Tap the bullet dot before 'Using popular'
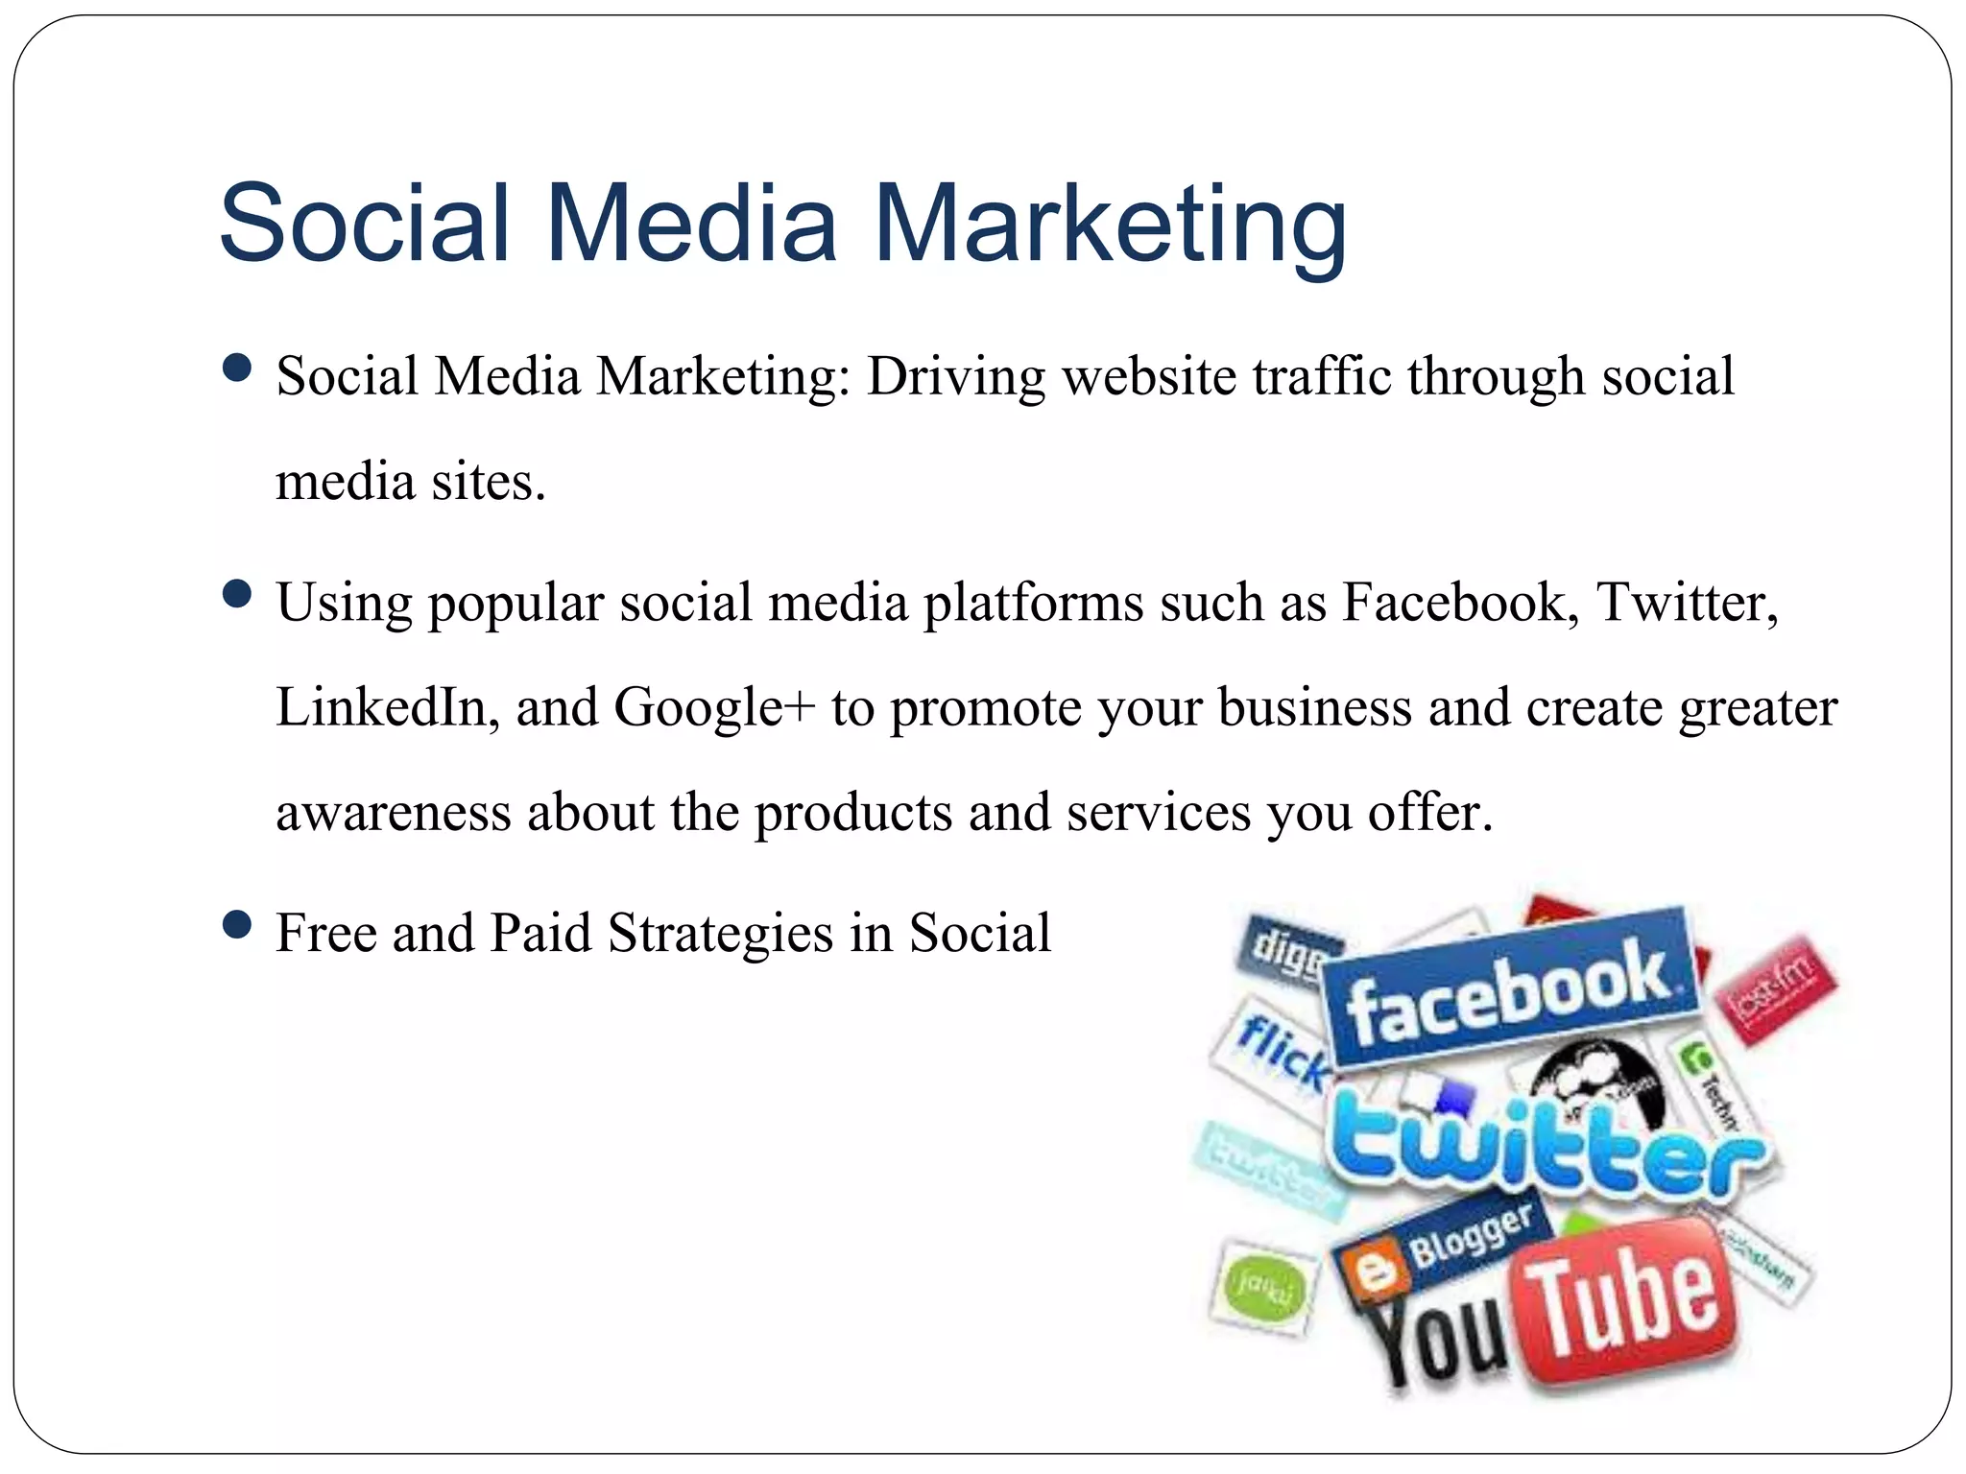click(x=236, y=594)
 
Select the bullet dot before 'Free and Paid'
click(x=236, y=925)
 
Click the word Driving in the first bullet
click(x=956, y=376)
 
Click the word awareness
click(x=394, y=813)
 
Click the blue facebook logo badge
click(x=1509, y=988)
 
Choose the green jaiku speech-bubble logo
click(x=1261, y=1286)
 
